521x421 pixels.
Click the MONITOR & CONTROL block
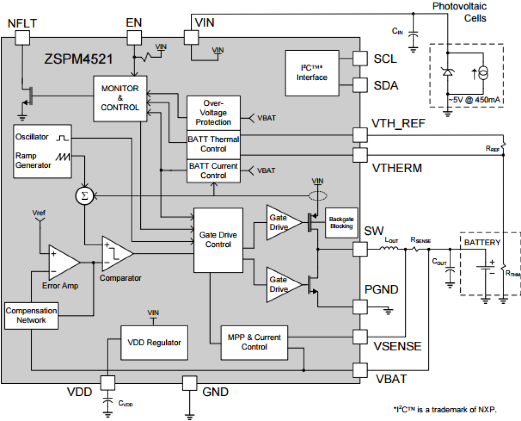pos(120,98)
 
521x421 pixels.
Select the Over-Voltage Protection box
pos(213,113)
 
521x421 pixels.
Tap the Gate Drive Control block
pos(218,240)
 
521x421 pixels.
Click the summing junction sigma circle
pos(85,196)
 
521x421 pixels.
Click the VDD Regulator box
pos(154,343)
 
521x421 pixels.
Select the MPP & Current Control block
pos(254,342)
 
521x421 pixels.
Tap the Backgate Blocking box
pos(341,223)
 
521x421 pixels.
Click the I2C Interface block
pos(312,73)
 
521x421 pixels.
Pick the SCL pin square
pos(360,59)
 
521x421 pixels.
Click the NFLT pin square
pos(22,38)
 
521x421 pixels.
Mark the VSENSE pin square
pos(360,337)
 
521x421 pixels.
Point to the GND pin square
pos(190,383)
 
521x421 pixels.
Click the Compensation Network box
pos(31,316)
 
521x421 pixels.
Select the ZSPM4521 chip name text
pos(78,59)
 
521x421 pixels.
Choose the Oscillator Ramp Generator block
pos(42,152)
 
